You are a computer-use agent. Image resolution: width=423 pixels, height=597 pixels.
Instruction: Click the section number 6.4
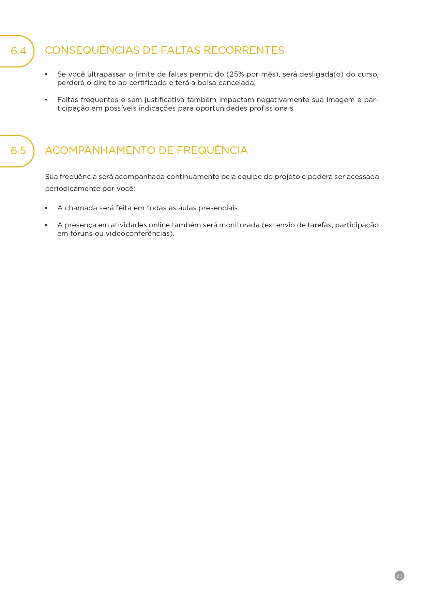pos(18,51)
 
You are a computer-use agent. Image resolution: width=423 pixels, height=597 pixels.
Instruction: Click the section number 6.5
pos(18,150)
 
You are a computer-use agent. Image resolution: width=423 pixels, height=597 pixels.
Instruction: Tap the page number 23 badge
pos(399,576)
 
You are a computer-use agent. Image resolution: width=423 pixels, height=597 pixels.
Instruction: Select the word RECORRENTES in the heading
pos(244,50)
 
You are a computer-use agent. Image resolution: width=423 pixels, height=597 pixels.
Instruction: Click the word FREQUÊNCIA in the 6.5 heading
pos(212,150)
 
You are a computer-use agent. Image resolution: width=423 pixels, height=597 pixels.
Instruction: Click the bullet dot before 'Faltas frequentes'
pos(46,100)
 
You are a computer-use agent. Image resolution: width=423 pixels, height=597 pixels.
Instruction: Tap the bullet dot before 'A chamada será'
pos(46,208)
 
